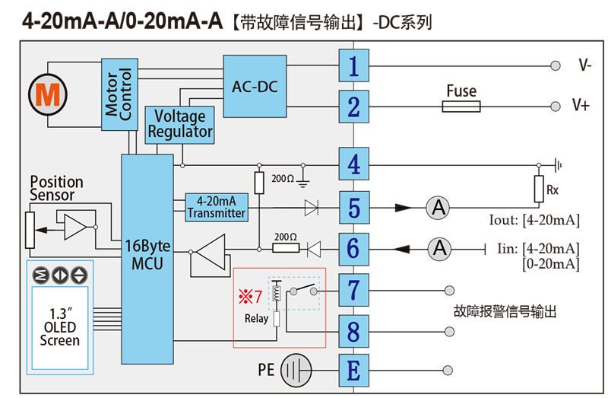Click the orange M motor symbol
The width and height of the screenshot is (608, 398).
point(48,94)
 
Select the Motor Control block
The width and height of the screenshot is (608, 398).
point(119,94)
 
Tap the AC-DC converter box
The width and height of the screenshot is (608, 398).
point(255,86)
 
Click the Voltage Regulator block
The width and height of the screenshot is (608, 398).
point(179,125)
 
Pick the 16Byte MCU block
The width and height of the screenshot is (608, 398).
point(147,259)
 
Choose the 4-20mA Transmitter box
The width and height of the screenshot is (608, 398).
point(217,207)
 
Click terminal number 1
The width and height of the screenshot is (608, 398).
point(353,65)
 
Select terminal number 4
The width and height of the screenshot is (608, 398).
point(353,164)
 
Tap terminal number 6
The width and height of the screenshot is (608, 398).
point(353,249)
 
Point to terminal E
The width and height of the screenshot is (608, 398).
point(353,371)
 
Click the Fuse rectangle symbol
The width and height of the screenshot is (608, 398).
point(461,107)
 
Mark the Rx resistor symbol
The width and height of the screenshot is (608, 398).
point(539,189)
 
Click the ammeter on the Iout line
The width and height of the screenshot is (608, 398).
point(438,208)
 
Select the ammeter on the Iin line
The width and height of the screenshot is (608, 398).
point(439,249)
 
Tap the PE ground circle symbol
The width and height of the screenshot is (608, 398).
point(296,371)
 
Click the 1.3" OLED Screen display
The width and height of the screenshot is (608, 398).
point(60,328)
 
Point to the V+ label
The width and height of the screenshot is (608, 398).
point(581,105)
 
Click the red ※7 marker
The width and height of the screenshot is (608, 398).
point(251,297)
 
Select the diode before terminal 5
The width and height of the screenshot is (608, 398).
point(312,208)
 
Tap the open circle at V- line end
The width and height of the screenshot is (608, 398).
point(556,65)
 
